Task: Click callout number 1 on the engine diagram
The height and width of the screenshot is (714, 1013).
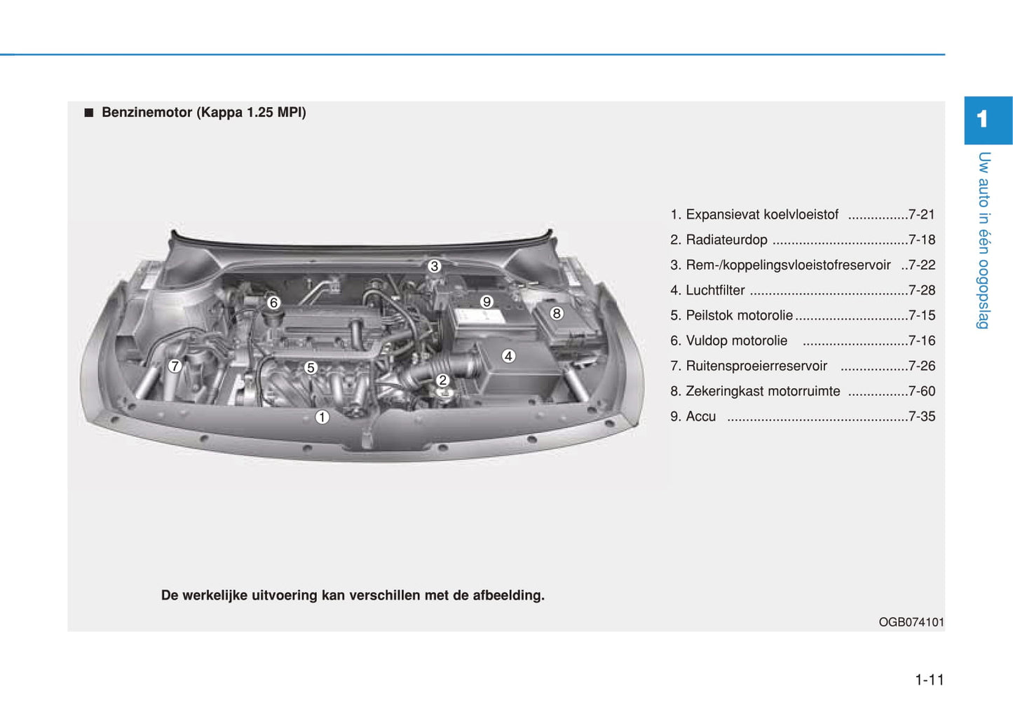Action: pos(322,417)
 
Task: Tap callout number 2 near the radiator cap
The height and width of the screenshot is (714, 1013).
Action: pos(442,380)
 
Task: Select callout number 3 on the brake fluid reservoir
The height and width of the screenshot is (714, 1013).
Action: pos(434,266)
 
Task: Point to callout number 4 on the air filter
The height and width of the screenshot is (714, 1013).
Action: pos(508,356)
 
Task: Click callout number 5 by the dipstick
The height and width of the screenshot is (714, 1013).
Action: pos(311,367)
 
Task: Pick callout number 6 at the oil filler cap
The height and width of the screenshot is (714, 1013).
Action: pos(273,302)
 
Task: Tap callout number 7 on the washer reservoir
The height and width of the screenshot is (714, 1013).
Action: pos(175,366)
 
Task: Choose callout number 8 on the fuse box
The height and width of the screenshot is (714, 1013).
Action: pos(556,313)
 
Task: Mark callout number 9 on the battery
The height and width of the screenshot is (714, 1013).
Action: pos(486,301)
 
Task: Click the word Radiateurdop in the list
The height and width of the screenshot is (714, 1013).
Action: pos(726,240)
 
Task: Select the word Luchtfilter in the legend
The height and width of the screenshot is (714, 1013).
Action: pos(715,290)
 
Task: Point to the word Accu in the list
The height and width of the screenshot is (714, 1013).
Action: pos(700,416)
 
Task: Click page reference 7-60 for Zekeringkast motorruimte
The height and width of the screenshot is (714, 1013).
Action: pos(922,391)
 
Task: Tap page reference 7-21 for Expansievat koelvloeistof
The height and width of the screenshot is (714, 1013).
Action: pos(922,214)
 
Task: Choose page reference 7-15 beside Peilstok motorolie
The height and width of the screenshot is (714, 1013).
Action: pos(922,315)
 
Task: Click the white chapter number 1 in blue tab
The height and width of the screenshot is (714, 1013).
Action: pos(981,119)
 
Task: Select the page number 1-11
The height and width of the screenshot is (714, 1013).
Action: pos(930,680)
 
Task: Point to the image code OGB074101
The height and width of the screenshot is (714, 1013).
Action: pos(911,622)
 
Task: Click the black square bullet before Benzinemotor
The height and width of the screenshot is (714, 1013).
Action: pos(88,113)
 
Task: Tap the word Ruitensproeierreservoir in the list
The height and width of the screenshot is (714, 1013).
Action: pos(756,366)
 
